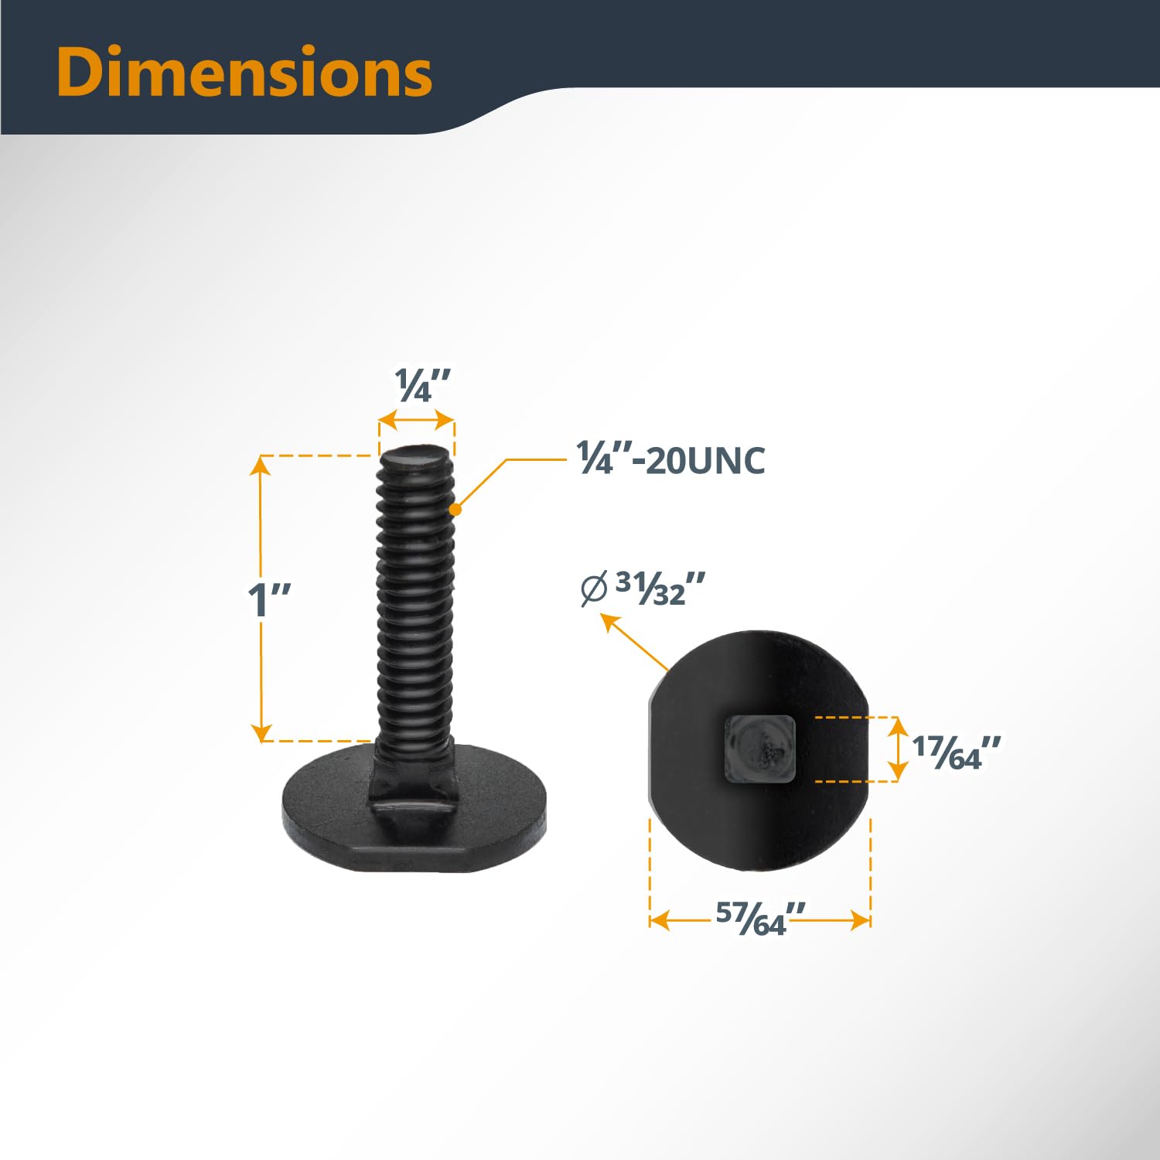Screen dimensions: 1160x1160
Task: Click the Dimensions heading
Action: (244, 72)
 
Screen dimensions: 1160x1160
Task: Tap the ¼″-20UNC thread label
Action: (671, 460)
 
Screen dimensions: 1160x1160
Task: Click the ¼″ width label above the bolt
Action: (421, 386)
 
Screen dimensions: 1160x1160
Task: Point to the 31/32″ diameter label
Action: (660, 589)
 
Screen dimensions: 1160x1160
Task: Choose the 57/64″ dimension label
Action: (760, 919)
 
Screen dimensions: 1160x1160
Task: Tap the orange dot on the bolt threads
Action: (455, 510)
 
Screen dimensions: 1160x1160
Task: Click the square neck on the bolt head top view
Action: (759, 749)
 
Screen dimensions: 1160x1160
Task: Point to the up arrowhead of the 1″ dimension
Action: (261, 463)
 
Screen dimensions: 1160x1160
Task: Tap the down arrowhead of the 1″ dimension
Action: (261, 732)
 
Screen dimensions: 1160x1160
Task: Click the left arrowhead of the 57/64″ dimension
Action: (659, 919)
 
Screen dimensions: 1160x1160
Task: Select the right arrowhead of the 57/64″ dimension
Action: (861, 919)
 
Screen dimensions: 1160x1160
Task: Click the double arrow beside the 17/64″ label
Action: (897, 749)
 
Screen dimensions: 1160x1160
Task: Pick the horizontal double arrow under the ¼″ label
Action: (416, 421)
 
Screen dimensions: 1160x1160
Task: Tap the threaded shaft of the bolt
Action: (415, 603)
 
